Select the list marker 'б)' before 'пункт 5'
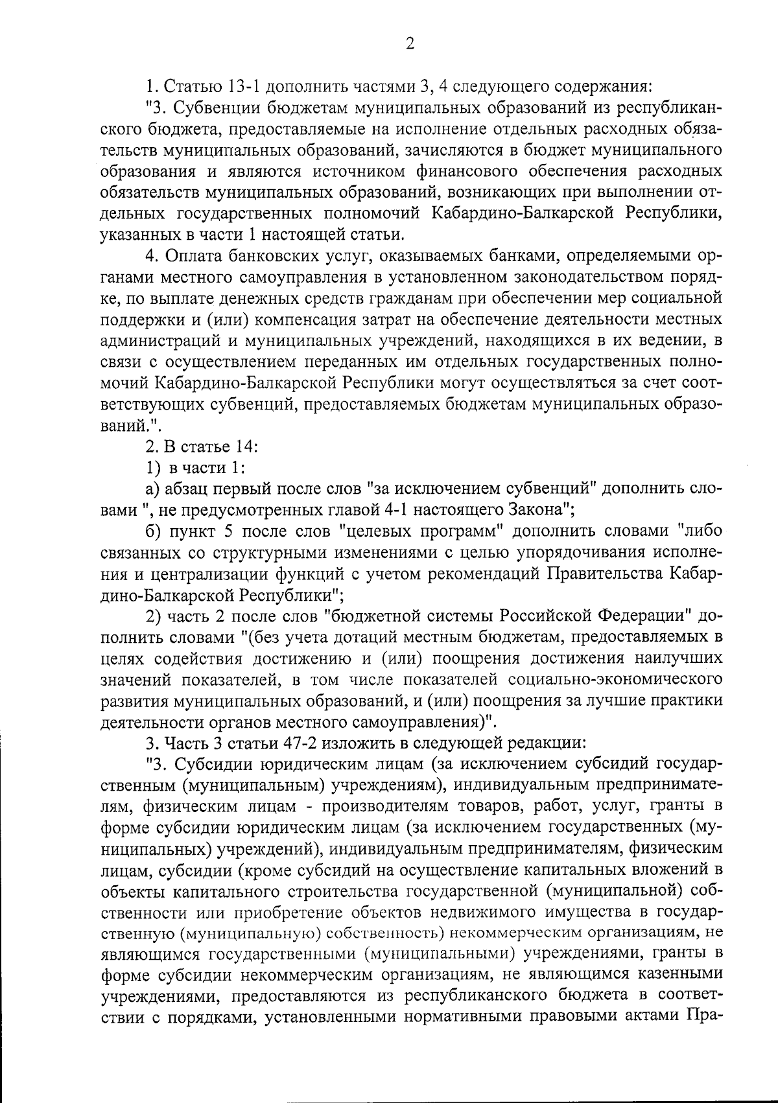tap(153, 531)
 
